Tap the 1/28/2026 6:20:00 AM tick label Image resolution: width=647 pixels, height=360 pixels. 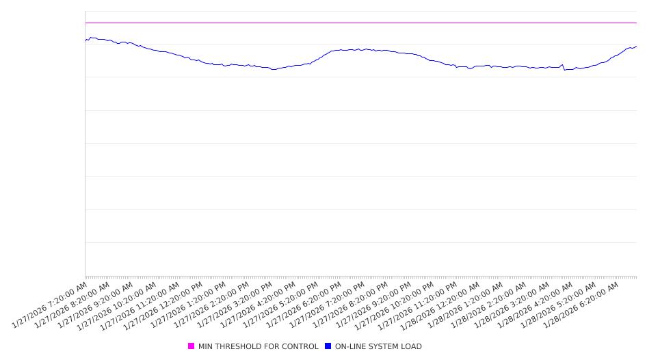click(x=582, y=305)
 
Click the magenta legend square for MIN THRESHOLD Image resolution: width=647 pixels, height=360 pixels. click(x=192, y=346)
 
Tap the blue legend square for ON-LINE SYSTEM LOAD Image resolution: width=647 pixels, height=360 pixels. click(x=328, y=346)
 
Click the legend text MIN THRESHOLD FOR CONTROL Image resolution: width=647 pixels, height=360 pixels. click(x=258, y=346)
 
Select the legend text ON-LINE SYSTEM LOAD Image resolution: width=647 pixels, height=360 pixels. click(x=378, y=346)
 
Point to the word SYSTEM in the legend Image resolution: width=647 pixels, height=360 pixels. click(x=386, y=346)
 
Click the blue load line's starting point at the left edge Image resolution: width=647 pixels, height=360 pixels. click(x=85, y=41)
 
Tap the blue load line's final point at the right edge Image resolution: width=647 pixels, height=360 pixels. click(x=636, y=47)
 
